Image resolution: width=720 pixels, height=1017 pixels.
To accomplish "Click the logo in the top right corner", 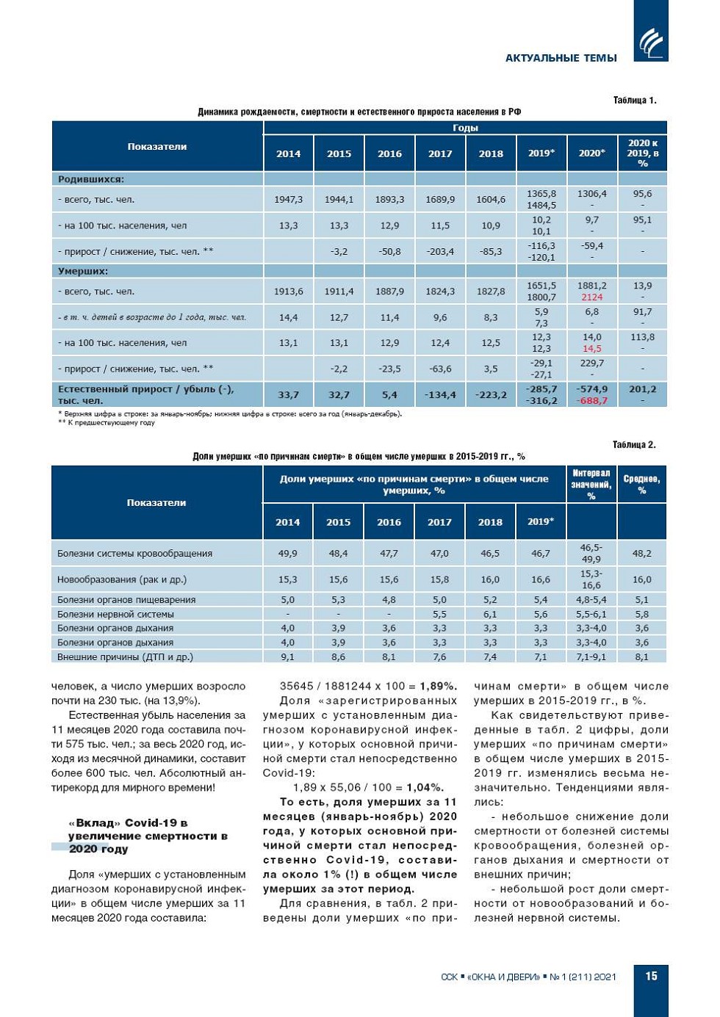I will tap(651, 43).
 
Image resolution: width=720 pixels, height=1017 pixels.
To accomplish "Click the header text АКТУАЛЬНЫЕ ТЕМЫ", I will tap(561, 58).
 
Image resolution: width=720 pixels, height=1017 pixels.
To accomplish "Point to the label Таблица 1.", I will tap(634, 101).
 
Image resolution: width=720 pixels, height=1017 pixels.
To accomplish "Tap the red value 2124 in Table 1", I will tap(591, 297).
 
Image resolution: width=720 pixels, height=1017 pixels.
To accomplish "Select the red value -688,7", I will tap(592, 401).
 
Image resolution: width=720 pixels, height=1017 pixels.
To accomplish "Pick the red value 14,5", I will tap(592, 349).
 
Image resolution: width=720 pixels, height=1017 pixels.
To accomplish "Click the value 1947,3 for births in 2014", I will tap(289, 200).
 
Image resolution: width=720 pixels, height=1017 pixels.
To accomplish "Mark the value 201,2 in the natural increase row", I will tap(642, 389).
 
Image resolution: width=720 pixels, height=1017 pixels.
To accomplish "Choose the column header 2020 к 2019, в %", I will tap(642, 153).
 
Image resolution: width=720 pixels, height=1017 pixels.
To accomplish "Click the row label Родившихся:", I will tap(91, 179).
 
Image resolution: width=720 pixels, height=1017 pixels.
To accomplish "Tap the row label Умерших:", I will tap(83, 271).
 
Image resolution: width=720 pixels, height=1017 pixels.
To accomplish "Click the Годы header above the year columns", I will tap(465, 128).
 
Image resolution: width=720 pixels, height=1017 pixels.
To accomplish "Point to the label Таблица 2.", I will tap(634, 445).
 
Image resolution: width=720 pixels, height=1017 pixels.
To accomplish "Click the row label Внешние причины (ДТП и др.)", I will tap(125, 657).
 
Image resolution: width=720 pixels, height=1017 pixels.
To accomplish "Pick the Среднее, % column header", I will tap(641, 484).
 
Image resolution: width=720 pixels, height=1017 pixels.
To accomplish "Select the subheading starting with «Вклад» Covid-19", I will tap(147, 836).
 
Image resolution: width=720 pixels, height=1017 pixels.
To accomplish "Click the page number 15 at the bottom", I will tap(651, 976).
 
